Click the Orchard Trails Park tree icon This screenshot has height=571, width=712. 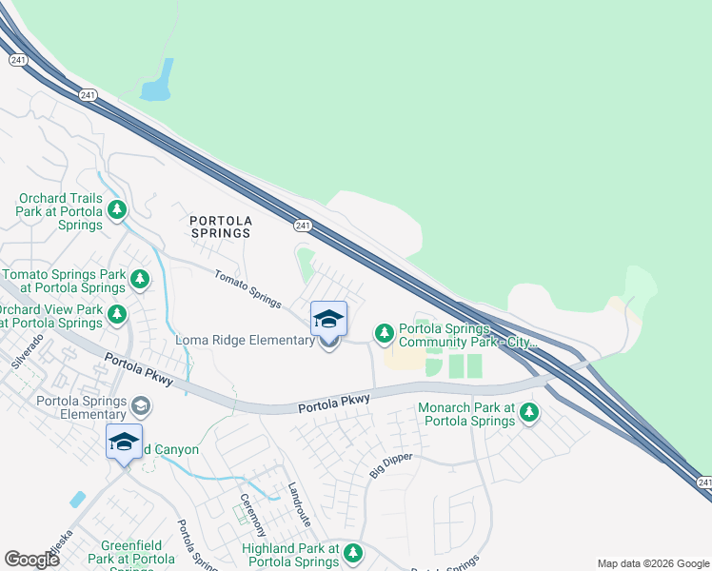click(x=117, y=209)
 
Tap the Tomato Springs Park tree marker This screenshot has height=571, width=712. click(x=140, y=279)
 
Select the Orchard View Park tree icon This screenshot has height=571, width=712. click(x=117, y=313)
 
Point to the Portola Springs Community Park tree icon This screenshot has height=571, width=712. click(x=384, y=332)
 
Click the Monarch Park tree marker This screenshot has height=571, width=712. click(x=528, y=413)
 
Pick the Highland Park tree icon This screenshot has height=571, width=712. click(x=353, y=552)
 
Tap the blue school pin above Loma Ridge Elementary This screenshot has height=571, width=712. click(x=328, y=320)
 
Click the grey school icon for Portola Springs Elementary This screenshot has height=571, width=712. click(x=141, y=406)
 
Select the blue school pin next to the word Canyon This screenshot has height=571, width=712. click(x=124, y=442)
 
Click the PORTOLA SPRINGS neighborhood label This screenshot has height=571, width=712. click(x=220, y=226)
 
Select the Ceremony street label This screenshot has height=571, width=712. click(x=253, y=514)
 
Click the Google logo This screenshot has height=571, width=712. click(x=31, y=560)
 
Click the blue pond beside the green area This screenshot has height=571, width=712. click(x=157, y=82)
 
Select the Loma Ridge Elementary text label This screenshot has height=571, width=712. click(x=245, y=341)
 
